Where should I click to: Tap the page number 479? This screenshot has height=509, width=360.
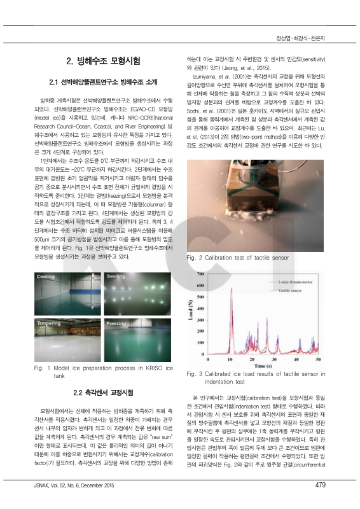pos(320,502)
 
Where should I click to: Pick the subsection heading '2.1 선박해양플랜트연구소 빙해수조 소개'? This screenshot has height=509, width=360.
pos(102,83)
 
